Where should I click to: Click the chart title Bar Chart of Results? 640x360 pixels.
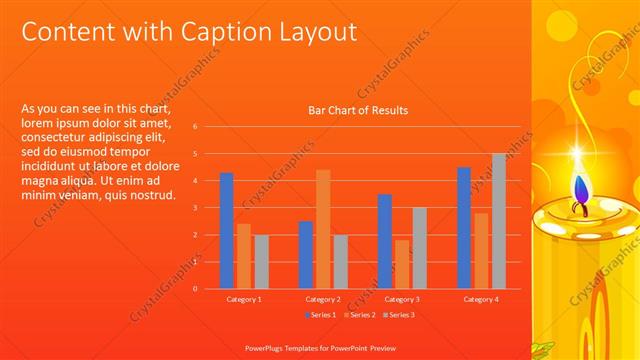point(357,110)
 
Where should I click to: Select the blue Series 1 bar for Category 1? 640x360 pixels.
point(227,231)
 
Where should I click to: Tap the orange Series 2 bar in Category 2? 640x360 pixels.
point(323,229)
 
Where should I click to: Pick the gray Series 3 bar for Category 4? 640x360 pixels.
point(499,221)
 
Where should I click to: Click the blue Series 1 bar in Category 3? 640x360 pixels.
point(385,241)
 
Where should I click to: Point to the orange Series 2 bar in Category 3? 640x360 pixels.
point(402,264)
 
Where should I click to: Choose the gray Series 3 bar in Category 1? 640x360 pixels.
point(261,262)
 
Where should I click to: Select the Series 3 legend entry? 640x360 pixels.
point(398,315)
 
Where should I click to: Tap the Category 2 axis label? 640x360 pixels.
point(322,299)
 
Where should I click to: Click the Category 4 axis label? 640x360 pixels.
point(481,299)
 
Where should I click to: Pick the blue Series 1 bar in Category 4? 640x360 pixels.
point(464,228)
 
